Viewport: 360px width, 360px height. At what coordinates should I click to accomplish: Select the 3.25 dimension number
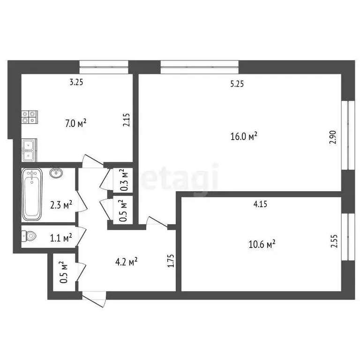click(76, 82)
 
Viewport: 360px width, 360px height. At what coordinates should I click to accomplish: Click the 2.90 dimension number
click(333, 139)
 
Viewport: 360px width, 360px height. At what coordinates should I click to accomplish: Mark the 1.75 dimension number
click(171, 261)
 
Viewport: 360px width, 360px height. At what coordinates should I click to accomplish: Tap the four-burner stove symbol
click(29, 116)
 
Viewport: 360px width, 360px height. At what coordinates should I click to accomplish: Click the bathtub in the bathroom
click(32, 195)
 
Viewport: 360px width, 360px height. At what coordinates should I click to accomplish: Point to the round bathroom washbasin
click(56, 173)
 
